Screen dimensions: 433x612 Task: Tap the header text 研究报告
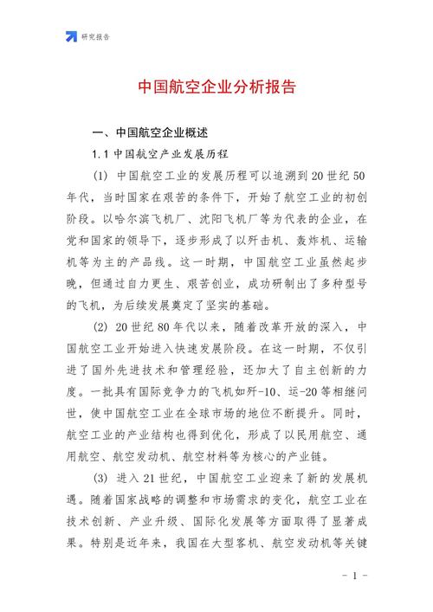coord(95,36)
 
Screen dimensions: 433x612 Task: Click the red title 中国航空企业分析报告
coord(216,87)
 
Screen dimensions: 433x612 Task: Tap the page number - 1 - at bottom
coord(356,576)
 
